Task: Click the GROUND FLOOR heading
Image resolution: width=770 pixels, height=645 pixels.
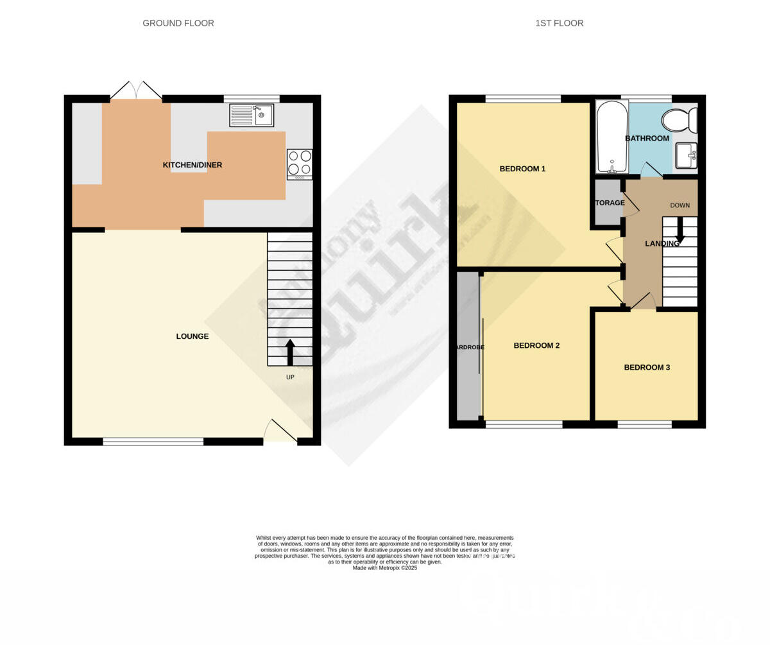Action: [x=178, y=23]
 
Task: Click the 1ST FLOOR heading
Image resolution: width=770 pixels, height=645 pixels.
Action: [x=559, y=23]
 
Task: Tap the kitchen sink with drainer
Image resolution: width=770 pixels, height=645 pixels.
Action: [x=252, y=116]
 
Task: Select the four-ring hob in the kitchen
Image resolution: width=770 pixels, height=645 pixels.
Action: [x=300, y=163]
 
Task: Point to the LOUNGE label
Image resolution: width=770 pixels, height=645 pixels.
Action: [x=193, y=336]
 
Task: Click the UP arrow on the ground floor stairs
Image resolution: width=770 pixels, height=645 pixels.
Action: [x=290, y=352]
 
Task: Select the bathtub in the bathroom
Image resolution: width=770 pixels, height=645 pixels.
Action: [x=612, y=137]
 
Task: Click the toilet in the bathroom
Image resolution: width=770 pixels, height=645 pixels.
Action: [x=679, y=120]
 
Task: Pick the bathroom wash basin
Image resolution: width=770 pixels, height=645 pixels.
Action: [x=685, y=155]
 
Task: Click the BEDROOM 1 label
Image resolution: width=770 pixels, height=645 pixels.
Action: [x=522, y=169]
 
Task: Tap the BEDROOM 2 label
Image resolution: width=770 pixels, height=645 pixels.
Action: [x=536, y=345]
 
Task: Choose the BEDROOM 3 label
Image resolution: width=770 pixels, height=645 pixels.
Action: [x=647, y=368]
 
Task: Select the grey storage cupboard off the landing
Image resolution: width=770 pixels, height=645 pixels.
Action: [x=607, y=202]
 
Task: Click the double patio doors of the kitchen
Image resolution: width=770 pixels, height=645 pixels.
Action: [x=136, y=91]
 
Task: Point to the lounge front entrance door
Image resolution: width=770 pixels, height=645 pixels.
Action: [x=280, y=432]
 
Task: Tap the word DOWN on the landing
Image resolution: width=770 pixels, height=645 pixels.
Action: [x=680, y=205]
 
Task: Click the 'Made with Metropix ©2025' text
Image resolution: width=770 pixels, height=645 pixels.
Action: [x=385, y=568]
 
